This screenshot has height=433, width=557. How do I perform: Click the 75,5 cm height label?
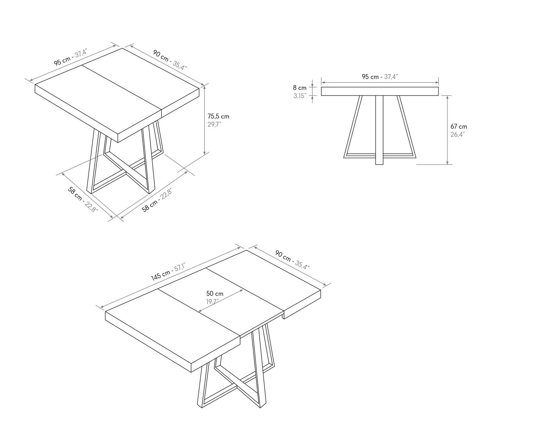tap(218, 116)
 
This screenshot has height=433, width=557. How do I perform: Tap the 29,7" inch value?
tap(214, 125)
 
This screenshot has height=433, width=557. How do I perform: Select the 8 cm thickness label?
tap(300, 88)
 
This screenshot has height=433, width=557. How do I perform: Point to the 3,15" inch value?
tap(300, 96)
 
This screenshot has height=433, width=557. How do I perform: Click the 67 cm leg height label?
tap(458, 126)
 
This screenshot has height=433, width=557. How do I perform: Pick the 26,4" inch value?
tap(458, 134)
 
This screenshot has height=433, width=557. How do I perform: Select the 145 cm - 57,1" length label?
tap(168, 273)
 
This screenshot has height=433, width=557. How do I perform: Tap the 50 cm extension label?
tap(215, 294)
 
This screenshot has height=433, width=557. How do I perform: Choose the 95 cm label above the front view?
tap(380, 76)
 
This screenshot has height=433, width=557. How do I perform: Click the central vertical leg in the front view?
tap(379, 130)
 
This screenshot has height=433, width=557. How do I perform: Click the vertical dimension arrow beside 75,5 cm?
tap(204, 120)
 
